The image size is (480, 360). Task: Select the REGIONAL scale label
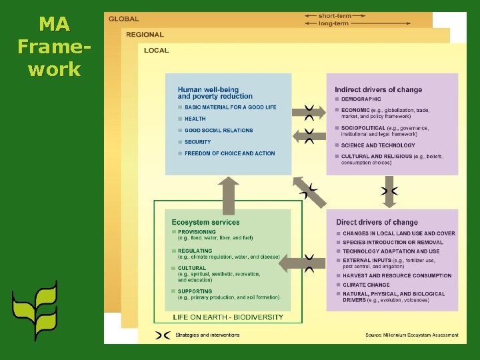coord(145,35)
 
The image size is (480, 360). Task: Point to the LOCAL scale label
coord(157,50)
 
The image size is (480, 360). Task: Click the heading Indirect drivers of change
coord(378,89)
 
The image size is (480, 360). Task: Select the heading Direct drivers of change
coord(377,222)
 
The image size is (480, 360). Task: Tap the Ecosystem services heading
coord(205,222)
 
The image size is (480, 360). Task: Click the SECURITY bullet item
coord(197,142)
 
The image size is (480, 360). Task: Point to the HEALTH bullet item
coord(195,119)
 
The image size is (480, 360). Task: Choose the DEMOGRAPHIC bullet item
coord(361,99)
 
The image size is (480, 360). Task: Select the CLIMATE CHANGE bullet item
coord(366,285)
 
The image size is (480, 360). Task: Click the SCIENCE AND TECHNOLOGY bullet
coord(378,145)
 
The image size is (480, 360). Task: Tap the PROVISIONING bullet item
coord(197,232)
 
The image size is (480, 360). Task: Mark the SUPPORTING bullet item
coord(195,291)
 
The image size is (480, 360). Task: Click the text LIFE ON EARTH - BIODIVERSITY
coord(228,317)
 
